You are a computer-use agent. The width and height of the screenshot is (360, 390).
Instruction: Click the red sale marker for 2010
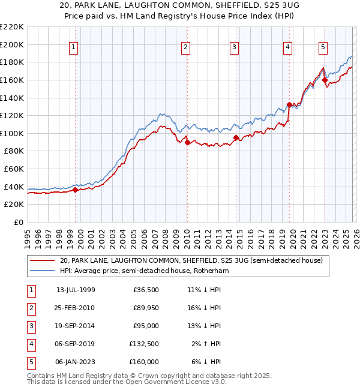tap(187, 143)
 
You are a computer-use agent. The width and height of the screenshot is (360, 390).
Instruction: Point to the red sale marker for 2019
tap(289, 104)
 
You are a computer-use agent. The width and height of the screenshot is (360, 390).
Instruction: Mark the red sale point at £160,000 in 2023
tap(325, 80)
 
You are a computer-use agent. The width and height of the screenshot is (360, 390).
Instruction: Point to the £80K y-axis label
tap(14, 151)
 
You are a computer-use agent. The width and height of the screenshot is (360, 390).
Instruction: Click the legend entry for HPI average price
tap(144, 271)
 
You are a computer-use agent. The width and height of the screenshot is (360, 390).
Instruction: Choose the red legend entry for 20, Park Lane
tap(191, 260)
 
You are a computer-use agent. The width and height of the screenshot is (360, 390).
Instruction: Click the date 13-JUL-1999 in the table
tap(76, 290)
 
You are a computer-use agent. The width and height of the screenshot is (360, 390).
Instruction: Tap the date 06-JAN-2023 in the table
tap(76, 362)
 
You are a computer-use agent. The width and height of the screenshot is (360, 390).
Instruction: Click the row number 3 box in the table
tap(29, 326)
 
